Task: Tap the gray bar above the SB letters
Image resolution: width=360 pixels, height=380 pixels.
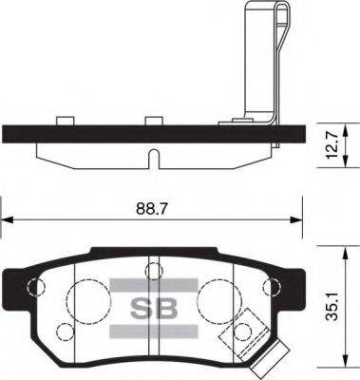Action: coord(152,283)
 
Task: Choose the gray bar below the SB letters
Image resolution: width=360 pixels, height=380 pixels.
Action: coord(152,331)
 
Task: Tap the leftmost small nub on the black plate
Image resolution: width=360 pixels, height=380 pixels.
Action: coord(66,121)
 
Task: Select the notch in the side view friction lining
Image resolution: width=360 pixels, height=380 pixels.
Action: coord(153,155)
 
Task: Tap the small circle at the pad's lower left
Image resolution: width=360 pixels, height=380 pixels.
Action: coord(65,332)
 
